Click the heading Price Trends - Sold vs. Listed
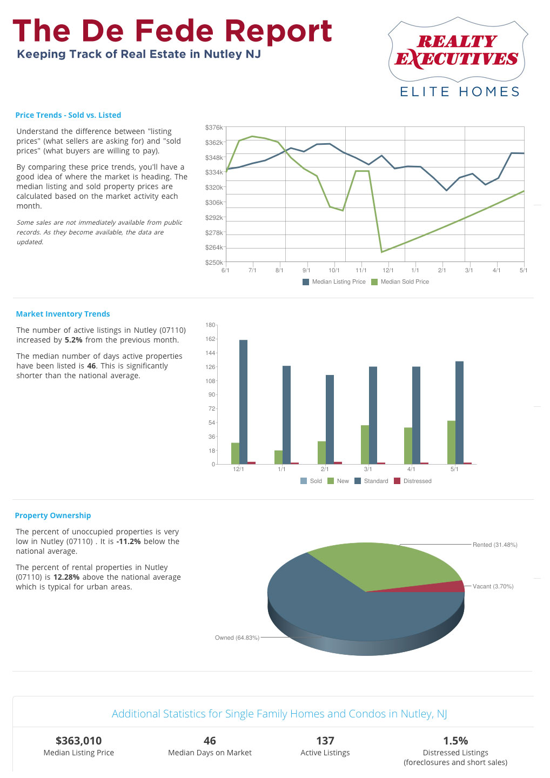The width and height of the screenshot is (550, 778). [x=68, y=115]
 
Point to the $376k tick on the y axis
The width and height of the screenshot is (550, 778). [x=214, y=128]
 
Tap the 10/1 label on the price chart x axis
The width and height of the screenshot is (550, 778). [x=334, y=270]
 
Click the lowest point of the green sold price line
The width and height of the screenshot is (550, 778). [x=382, y=252]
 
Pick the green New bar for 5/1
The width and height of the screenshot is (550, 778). [x=451, y=442]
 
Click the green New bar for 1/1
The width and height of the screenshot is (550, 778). [x=278, y=457]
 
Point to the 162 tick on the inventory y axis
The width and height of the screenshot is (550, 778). [x=210, y=339]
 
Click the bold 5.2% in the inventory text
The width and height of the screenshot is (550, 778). [x=73, y=340]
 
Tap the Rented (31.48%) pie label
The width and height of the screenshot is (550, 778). [x=495, y=545]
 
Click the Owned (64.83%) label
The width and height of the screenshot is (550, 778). [x=237, y=638]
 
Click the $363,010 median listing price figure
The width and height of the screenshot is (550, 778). [x=79, y=741]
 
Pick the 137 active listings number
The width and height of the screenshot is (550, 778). [x=325, y=741]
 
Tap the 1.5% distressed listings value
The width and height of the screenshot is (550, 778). [x=455, y=741]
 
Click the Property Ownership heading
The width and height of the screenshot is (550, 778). [x=53, y=515]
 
